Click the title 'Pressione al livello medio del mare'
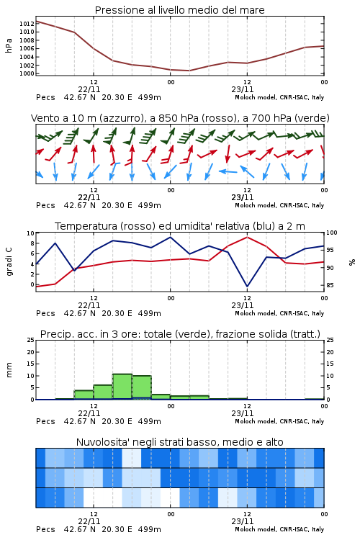click(179, 10)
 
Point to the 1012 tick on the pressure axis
click(27, 24)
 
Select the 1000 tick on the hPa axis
click(27, 73)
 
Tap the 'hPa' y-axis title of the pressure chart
click(9, 45)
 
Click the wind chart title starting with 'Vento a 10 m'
click(180, 118)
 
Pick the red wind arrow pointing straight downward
click(228, 154)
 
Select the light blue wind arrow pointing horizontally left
click(228, 171)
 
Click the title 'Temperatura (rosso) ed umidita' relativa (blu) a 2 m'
click(179, 226)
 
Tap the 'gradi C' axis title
click(9, 261)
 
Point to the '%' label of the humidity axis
click(352, 262)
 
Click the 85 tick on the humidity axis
click(330, 285)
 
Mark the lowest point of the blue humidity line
click(247, 286)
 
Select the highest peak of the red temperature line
click(247, 237)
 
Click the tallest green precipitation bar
click(122, 387)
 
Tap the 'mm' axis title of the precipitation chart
click(9, 370)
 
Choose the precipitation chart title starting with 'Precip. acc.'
click(180, 334)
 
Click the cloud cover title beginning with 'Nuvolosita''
click(179, 442)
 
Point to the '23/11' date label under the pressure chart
click(243, 89)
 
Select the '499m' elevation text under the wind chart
click(150, 205)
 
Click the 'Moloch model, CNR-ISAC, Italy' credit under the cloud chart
click(279, 529)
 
